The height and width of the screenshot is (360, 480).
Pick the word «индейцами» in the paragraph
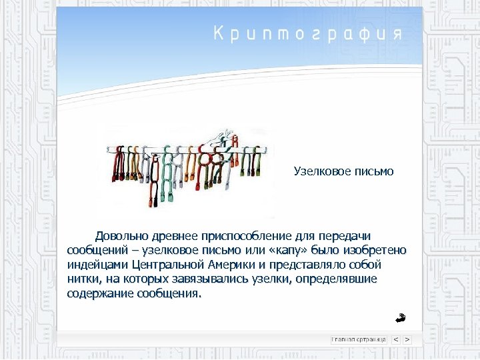96,265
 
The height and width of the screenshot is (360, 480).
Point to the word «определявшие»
340,279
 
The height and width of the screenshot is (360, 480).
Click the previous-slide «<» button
395,339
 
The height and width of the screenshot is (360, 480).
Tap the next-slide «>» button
407,339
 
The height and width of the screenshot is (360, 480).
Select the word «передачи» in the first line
344,235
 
